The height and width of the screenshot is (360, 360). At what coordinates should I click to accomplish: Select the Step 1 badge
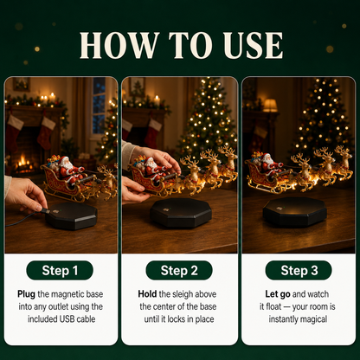coord(60,270)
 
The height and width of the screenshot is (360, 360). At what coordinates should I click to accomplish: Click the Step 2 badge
coord(179,270)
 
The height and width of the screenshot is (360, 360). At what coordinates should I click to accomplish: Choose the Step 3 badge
coord(299,270)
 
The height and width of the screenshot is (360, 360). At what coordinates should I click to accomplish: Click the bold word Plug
coord(26,294)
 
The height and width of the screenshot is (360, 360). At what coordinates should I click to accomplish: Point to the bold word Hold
coord(147,294)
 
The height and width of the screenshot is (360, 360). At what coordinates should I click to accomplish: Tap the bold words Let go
coord(278,294)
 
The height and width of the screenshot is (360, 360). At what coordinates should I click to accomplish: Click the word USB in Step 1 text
coord(67,319)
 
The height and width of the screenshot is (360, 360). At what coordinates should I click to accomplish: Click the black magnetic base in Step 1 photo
coord(71,215)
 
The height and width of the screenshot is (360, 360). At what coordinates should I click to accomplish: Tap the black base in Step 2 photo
coord(181,212)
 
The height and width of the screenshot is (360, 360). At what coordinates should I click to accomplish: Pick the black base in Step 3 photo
coord(294,212)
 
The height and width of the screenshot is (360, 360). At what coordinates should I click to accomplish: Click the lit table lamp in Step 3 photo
coord(270,106)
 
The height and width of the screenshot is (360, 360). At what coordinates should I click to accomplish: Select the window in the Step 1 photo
coord(99,106)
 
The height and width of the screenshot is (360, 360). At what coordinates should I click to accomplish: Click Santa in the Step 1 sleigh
coord(68,170)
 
